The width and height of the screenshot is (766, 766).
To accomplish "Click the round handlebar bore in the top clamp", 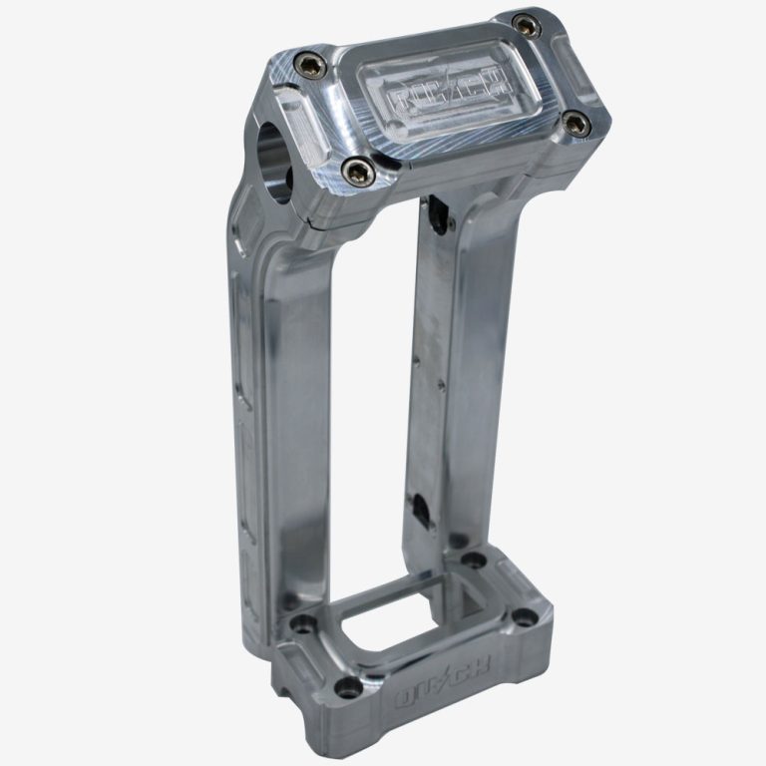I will tap(274, 151).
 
